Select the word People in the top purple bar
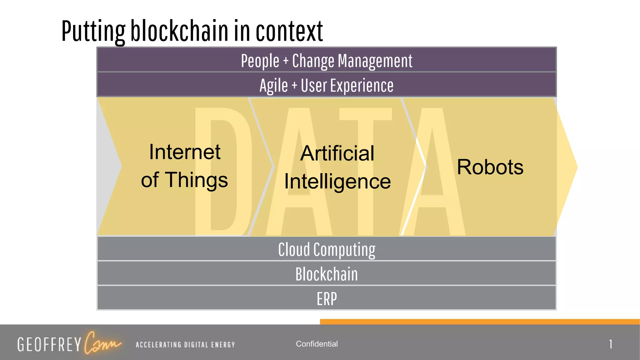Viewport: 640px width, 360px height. (260, 61)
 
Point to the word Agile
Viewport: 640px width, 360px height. (273, 86)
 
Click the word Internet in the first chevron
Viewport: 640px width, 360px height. (185, 152)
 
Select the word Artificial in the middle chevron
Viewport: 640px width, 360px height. (337, 153)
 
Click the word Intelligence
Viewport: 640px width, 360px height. (337, 182)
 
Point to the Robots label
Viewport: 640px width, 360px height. (490, 167)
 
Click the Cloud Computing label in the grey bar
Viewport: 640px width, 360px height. (327, 249)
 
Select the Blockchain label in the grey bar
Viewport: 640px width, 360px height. (327, 274)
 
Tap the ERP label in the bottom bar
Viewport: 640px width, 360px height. (327, 299)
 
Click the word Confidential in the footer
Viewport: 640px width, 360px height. (317, 344)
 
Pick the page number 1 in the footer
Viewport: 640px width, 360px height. (610, 344)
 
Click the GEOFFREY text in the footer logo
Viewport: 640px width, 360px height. (49, 344)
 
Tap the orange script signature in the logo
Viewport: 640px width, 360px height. (102, 343)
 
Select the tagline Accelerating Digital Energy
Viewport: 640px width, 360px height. (185, 345)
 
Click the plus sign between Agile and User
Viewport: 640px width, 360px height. (294, 86)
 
